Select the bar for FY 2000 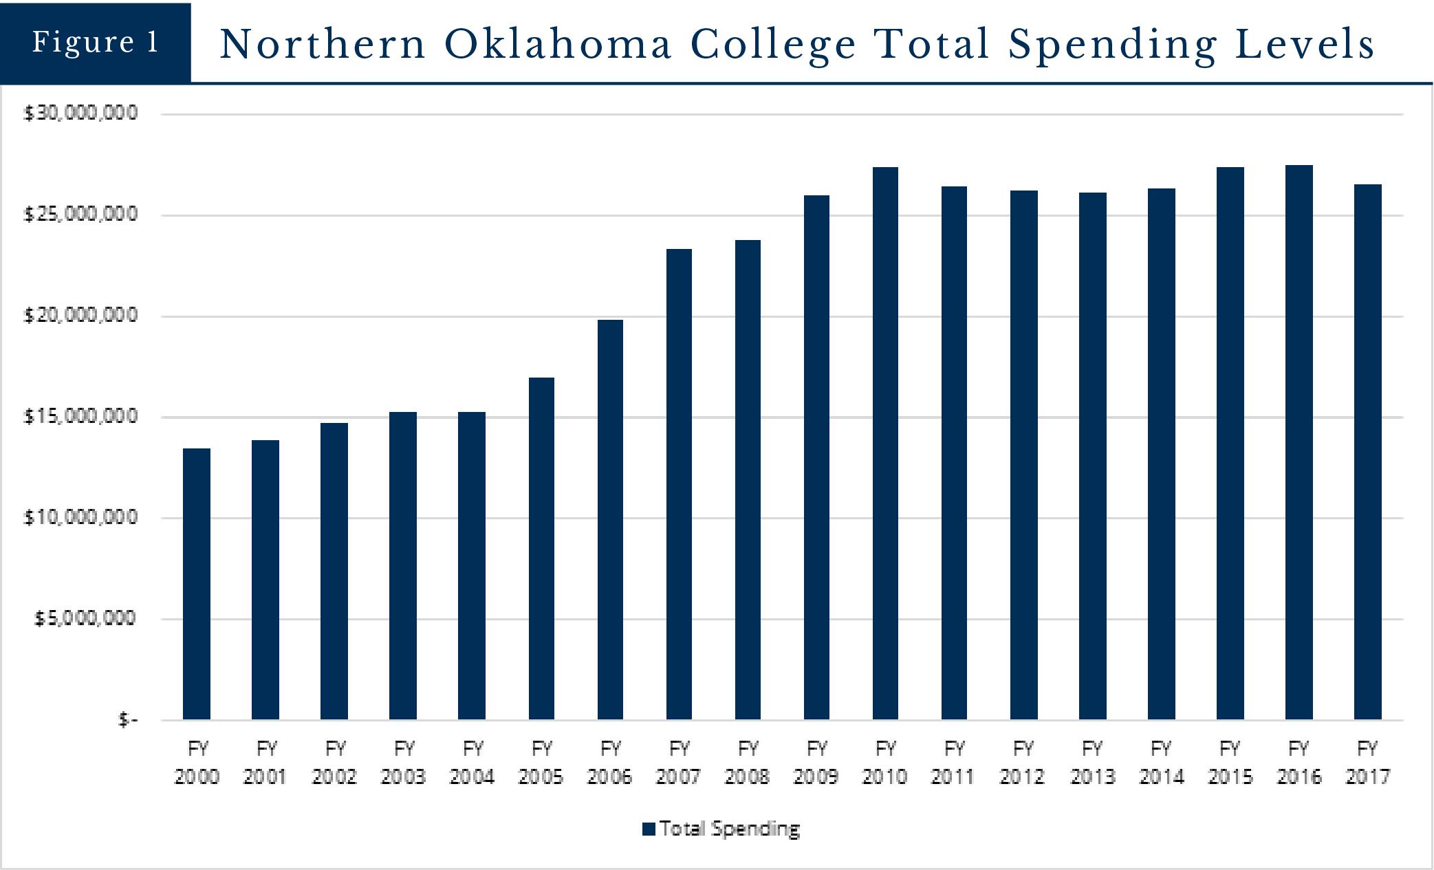197,584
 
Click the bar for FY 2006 610,519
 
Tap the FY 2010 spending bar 885,443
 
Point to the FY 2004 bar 472,565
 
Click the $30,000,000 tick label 81,113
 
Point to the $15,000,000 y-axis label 81,417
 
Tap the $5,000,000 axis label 85,619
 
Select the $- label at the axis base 128,720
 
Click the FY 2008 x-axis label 748,762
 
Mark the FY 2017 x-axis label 1367,762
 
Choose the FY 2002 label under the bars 334,762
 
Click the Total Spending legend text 730,829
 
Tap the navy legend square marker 649,829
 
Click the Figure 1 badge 96,43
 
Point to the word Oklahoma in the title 558,44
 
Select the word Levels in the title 1305,44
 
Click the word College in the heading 773,45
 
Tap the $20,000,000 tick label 81,316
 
